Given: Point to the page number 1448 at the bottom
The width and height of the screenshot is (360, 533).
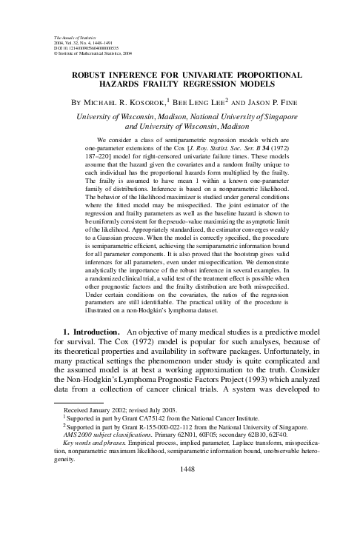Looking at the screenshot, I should click(x=180, y=510).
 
